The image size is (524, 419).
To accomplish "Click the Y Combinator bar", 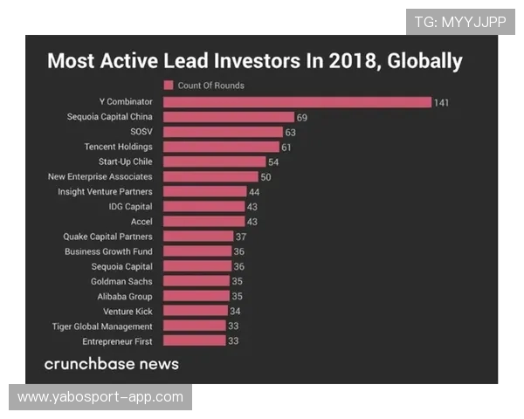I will [x=297, y=102].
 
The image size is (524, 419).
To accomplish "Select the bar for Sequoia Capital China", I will [x=229, y=117].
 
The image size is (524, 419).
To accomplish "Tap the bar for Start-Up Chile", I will [x=215, y=161].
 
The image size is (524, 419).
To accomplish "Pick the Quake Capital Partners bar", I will [x=198, y=237].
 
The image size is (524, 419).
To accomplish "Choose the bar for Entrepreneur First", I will [x=195, y=341].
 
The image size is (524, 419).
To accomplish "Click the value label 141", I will [x=441, y=102].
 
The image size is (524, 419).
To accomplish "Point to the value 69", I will [x=302, y=117].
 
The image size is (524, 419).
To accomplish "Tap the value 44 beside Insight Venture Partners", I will [x=254, y=192].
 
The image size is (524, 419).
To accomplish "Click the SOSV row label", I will [x=141, y=132].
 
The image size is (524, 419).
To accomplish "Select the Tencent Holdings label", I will [x=118, y=147].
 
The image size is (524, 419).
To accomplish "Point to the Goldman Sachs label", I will [x=121, y=281].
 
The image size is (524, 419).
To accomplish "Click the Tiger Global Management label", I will [x=103, y=326].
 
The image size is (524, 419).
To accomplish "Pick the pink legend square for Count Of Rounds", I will [x=169, y=86].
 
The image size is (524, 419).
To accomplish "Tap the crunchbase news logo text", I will [x=112, y=363].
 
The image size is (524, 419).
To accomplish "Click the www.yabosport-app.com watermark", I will [x=100, y=397].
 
